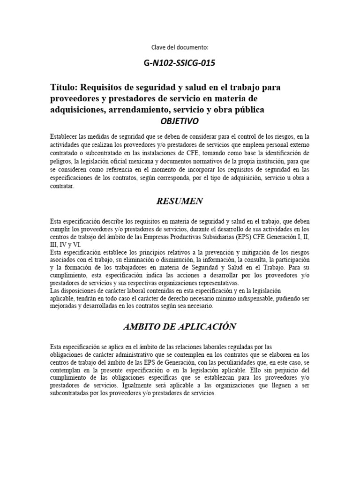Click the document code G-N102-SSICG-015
pos(180,63)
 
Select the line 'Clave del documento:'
pos(180,47)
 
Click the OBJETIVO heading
pos(180,121)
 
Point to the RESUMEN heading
pos(180,201)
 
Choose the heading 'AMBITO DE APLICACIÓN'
pos(180,326)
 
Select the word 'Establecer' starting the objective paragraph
pos(65,136)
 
